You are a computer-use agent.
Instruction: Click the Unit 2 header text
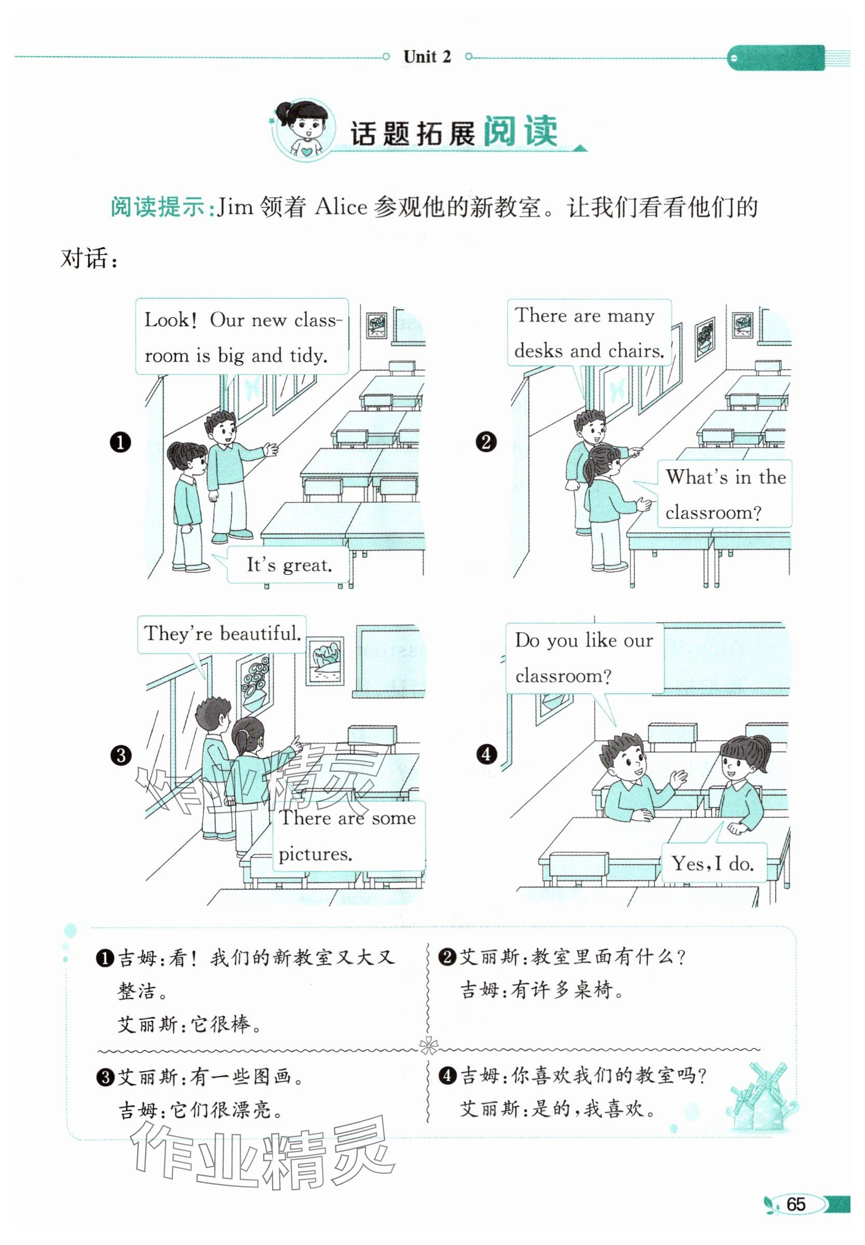427,57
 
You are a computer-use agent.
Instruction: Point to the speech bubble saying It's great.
288,565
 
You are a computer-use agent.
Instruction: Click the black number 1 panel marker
120,443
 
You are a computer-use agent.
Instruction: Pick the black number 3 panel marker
120,755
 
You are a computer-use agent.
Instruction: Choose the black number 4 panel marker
486,754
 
